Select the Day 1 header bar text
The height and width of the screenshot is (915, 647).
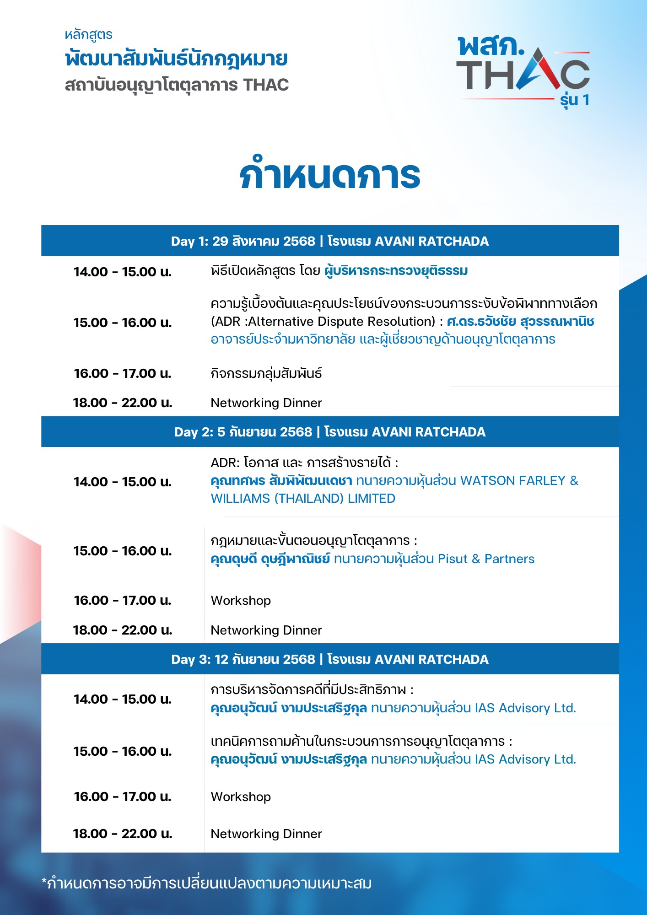click(330, 241)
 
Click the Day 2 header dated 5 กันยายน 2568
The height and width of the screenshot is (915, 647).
click(330, 432)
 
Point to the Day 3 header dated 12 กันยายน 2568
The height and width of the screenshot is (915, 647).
click(330, 659)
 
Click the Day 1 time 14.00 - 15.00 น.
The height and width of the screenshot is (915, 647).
click(123, 272)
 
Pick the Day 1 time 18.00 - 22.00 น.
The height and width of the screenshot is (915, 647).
click(123, 403)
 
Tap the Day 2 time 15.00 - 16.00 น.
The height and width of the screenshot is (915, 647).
click(123, 551)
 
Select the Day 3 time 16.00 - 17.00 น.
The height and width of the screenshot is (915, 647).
click(123, 797)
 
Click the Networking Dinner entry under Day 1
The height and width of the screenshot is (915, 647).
click(266, 403)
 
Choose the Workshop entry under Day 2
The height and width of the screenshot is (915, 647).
click(241, 600)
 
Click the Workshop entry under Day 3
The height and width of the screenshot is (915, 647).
click(241, 797)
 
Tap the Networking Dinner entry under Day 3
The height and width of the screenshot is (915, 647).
click(266, 834)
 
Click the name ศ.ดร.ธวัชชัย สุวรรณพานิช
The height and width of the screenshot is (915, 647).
click(520, 321)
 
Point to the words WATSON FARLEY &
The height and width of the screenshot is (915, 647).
click(519, 480)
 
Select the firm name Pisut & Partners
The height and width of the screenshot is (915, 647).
click(486, 559)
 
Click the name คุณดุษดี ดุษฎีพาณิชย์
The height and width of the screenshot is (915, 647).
click(270, 559)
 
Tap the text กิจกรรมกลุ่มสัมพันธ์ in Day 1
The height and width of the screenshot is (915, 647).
click(266, 373)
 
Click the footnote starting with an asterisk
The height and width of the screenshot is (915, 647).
click(206, 883)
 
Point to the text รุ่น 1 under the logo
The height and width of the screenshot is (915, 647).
click(575, 100)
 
